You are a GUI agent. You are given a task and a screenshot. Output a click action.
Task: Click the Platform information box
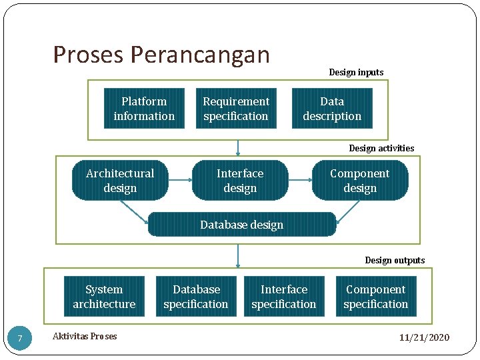(144, 109)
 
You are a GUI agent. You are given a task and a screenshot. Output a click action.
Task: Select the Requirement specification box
(236, 109)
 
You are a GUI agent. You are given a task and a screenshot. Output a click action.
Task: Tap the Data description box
(332, 109)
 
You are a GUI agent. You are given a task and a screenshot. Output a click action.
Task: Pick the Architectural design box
(120, 181)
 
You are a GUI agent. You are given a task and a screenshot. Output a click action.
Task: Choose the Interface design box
(240, 181)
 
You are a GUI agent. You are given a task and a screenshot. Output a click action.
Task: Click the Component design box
(360, 181)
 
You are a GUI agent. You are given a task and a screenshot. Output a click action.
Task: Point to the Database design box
(242, 225)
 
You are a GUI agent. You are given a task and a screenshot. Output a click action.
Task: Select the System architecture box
(104, 297)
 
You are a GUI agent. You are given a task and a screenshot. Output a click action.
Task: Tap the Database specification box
(196, 297)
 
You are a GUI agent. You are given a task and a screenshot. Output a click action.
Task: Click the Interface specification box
(284, 297)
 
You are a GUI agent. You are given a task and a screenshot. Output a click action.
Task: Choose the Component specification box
(376, 297)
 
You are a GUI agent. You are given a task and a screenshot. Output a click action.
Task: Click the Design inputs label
(356, 72)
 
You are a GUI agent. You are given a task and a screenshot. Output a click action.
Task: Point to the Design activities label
(381, 148)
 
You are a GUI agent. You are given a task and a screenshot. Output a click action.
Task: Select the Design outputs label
(395, 260)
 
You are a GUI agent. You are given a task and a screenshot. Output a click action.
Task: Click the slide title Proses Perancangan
(161, 55)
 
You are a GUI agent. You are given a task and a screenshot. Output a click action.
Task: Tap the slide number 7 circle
(20, 339)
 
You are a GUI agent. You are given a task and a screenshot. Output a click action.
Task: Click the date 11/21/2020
(425, 337)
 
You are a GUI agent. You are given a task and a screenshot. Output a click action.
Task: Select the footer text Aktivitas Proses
(85, 336)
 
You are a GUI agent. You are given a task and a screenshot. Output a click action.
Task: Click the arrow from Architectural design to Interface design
(180, 181)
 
